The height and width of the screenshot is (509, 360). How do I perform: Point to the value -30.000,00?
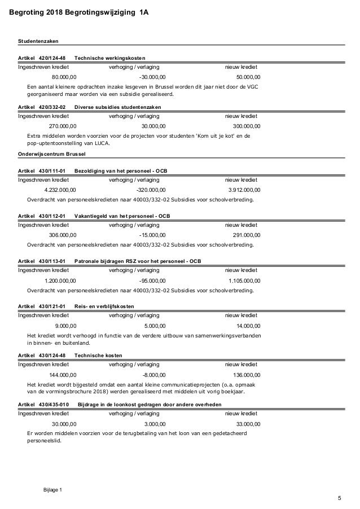click(152, 77)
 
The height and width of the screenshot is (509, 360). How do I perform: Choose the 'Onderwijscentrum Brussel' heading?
click(50, 153)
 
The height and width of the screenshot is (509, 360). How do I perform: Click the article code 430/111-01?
click(52, 171)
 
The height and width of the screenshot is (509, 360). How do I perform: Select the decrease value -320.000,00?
click(151, 190)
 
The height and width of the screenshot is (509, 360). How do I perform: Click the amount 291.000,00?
click(247, 235)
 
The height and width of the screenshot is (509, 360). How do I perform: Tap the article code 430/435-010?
click(54, 405)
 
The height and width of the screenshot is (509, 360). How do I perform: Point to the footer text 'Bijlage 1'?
click(53, 489)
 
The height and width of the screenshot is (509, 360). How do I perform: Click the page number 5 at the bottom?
click(339, 498)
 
